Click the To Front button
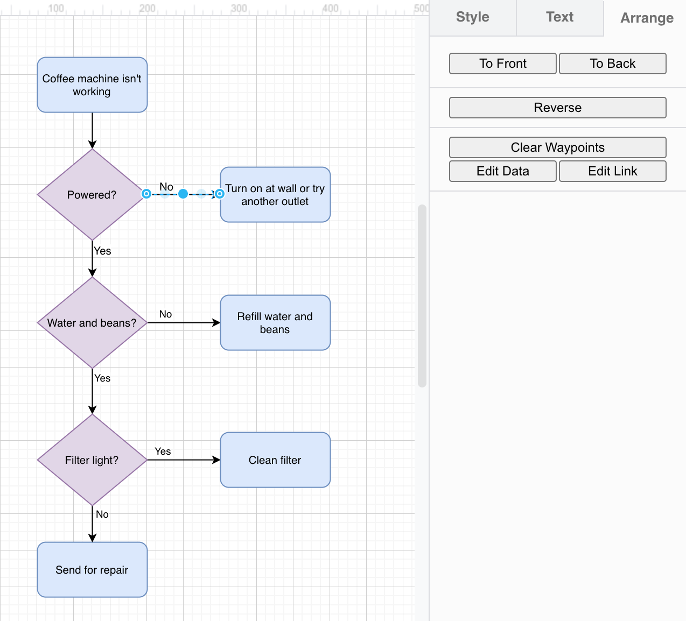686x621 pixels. point(502,63)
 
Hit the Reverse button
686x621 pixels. point(557,108)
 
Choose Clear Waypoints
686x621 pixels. point(557,147)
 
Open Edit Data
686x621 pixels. point(502,171)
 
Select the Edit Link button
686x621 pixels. point(612,171)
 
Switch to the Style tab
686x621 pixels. point(472,17)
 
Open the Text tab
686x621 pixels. point(559,17)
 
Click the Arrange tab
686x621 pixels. point(646,18)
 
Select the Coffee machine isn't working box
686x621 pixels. point(92,85)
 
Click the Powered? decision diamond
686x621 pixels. point(92,195)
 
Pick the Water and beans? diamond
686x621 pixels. point(92,323)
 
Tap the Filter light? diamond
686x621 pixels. point(92,460)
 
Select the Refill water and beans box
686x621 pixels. point(275,323)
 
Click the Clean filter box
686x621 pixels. point(275,460)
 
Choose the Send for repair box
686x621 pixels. point(92,570)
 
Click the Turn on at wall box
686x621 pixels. point(275,195)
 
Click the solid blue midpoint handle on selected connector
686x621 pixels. point(183,194)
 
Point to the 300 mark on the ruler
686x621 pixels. point(239,9)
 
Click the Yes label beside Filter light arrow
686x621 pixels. point(163,451)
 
